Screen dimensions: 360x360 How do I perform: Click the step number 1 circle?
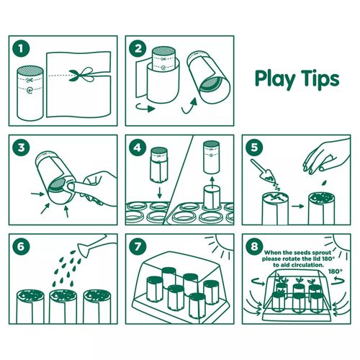21,48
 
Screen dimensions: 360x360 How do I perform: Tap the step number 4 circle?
138,148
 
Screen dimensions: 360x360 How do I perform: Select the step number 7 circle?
138,246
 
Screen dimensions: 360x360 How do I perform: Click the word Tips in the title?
320,78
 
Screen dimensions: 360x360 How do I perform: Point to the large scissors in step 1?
81,74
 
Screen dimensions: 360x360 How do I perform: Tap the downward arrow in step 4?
159,193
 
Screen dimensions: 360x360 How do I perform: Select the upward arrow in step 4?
212,184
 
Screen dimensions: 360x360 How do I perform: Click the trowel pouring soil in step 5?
264,171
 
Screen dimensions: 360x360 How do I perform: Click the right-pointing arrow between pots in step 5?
298,206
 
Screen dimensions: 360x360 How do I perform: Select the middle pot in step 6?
63,307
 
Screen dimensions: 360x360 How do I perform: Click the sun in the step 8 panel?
340,243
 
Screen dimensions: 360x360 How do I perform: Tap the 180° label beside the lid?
336,271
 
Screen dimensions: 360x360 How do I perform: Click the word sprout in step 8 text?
320,253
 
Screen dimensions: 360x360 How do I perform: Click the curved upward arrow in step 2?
189,106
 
